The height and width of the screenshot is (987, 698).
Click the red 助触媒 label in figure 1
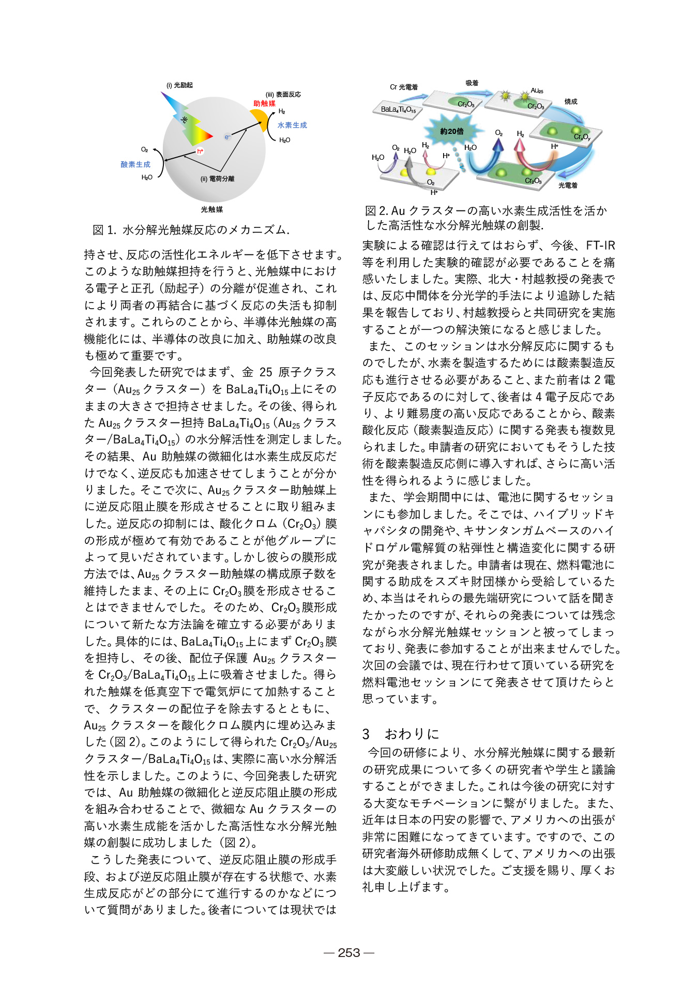click(x=264, y=103)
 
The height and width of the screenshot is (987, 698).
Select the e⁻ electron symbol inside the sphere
click(x=227, y=137)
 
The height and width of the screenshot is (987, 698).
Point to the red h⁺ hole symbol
click(x=200, y=151)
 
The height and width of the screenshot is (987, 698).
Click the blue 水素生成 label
click(x=292, y=125)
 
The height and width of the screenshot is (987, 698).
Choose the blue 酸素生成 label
click(x=135, y=164)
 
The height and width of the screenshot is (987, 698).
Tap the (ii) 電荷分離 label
click(x=217, y=179)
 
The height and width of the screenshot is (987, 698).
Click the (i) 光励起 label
click(x=179, y=85)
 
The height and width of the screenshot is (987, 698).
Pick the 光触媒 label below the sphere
click(x=212, y=209)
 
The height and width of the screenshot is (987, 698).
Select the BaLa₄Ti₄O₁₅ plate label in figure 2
click(x=398, y=110)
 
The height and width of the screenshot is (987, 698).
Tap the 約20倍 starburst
click(x=452, y=131)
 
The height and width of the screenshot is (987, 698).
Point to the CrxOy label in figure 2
click(x=582, y=137)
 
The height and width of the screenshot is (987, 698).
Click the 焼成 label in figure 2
click(x=571, y=102)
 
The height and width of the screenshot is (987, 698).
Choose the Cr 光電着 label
click(x=404, y=87)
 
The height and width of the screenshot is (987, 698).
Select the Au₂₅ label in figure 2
click(x=537, y=91)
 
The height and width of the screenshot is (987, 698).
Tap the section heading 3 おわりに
click(x=401, y=734)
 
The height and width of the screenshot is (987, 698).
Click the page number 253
click(x=349, y=953)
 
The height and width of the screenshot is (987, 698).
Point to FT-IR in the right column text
click(x=600, y=246)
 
